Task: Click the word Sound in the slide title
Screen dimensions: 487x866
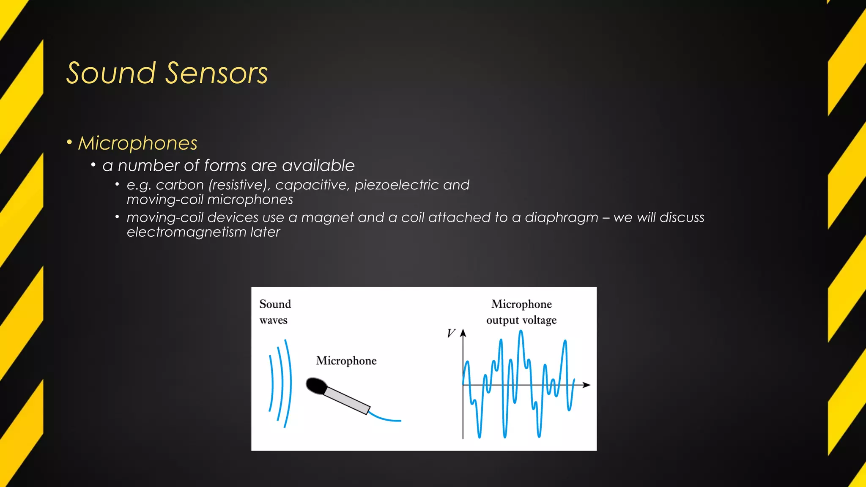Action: coord(111,73)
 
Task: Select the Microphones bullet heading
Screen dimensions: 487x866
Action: coord(137,143)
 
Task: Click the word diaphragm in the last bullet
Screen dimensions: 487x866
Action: coord(561,218)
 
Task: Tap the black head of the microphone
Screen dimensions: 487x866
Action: coord(316,386)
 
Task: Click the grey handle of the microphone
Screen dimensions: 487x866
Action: coord(347,400)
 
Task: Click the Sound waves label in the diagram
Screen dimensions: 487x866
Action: coord(275,312)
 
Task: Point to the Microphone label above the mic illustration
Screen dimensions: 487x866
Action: coord(346,361)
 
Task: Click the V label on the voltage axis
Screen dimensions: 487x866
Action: coord(451,334)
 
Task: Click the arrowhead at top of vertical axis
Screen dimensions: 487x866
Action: coord(463,333)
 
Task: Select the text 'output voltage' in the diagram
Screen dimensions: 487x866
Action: coord(521,320)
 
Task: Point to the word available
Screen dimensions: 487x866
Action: coord(318,166)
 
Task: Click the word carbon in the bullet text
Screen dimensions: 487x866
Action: coord(180,185)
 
